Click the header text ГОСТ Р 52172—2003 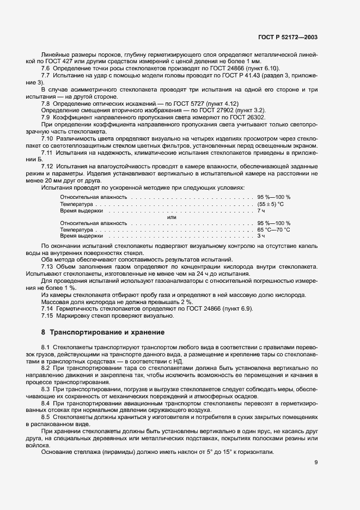point(288,37)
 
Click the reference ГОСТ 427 point(63,62)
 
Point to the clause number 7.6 point(46,68)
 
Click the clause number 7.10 point(48,139)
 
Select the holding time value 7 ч point(261,210)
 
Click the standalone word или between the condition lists point(172,217)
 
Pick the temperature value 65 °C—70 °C point(274,230)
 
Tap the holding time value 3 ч point(261,236)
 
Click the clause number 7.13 point(48,268)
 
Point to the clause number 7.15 point(48,315)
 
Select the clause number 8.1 point(46,347)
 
